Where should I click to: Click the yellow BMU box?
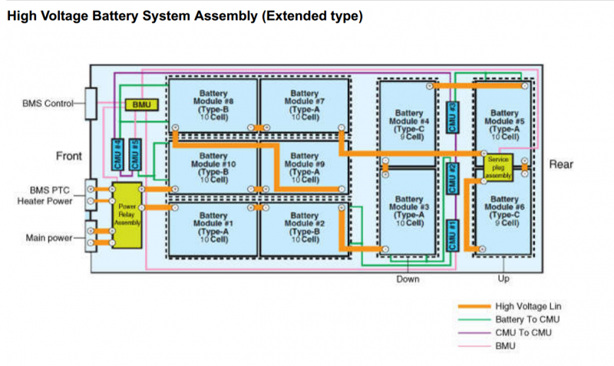[x=140, y=104]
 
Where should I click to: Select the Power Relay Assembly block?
[x=127, y=215]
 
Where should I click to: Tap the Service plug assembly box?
[x=499, y=167]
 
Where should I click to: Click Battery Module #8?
[x=212, y=105]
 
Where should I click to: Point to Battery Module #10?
[x=212, y=167]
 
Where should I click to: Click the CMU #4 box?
[x=118, y=153]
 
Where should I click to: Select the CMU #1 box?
[x=453, y=233]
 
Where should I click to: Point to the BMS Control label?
[x=47, y=103]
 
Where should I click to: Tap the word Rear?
[x=560, y=164]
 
